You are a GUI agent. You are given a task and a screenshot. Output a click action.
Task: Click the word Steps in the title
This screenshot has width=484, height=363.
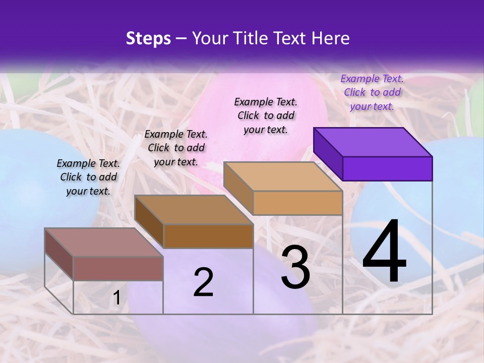148,38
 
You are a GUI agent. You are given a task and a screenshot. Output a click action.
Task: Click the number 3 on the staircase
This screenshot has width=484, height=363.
295,267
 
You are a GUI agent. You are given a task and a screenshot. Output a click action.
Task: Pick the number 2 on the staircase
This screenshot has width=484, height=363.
203,282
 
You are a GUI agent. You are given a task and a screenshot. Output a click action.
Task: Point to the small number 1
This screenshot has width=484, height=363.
116,298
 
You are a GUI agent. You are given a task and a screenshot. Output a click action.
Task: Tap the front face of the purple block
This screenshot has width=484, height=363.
387,168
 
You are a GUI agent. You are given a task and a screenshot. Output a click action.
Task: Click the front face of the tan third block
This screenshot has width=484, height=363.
297,203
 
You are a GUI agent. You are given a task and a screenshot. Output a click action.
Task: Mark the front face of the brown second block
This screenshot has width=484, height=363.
208,236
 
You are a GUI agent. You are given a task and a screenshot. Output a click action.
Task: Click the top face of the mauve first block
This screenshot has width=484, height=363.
104,243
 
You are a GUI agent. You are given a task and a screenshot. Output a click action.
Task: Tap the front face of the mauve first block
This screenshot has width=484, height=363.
118,268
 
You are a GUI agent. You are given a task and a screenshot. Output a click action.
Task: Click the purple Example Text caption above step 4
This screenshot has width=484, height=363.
372,92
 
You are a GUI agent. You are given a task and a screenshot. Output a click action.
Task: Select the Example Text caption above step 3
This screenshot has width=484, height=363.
266,115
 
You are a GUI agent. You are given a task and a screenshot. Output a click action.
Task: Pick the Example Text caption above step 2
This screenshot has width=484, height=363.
176,148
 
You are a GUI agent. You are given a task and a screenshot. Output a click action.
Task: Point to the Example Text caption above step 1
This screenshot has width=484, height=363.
88,177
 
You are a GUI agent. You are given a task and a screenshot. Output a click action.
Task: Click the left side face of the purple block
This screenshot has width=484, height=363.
328,154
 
